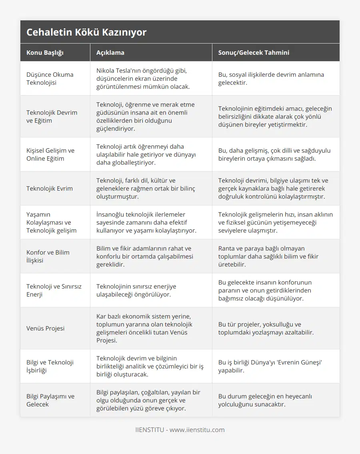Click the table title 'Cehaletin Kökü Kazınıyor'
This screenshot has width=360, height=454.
(86, 32)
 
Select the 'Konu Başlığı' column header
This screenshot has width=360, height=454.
(45, 52)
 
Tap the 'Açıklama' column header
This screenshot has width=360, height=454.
(110, 52)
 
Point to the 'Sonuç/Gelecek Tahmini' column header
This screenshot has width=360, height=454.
(254, 52)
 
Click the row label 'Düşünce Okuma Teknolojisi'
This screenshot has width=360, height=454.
(50, 78)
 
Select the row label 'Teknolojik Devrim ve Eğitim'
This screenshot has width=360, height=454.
(52, 116)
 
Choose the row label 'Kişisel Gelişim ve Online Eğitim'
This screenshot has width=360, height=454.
(50, 154)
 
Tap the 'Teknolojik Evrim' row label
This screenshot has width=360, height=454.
(50, 188)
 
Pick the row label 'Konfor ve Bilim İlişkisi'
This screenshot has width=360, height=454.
(48, 256)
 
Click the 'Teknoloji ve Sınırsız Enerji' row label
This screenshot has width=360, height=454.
(54, 290)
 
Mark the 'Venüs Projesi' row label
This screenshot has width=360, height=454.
(45, 328)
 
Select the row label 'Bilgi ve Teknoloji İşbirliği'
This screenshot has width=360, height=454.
(50, 366)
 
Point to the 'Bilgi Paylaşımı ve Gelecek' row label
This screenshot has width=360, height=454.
(50, 400)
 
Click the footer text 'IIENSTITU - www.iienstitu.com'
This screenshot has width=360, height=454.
(180, 430)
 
